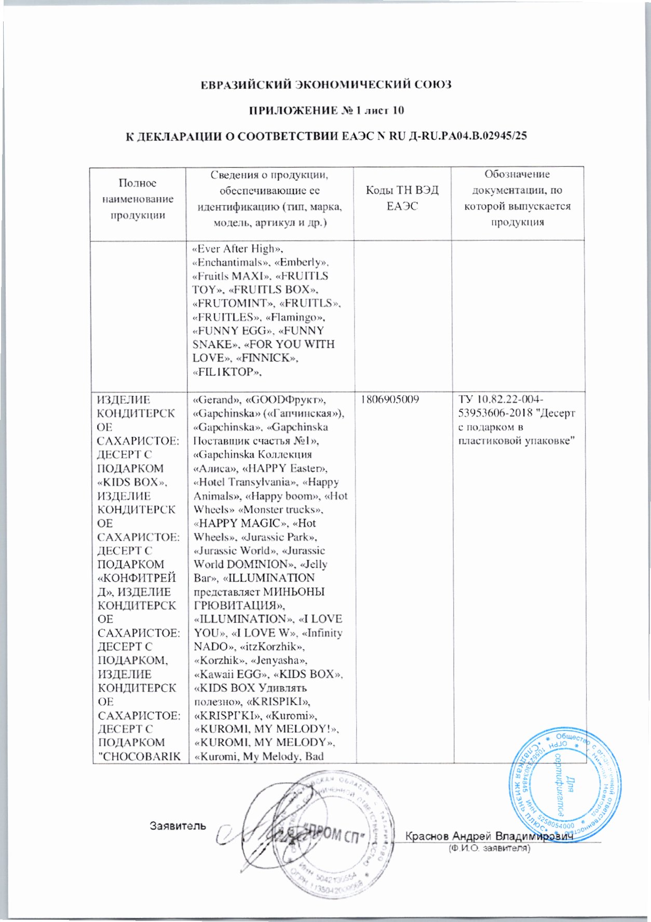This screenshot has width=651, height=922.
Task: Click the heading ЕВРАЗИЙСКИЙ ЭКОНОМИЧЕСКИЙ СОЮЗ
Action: [326, 85]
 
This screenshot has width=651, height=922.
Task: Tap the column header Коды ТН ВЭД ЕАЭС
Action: [402, 198]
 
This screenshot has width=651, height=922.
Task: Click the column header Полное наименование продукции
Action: [138, 199]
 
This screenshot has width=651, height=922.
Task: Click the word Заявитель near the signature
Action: [178, 825]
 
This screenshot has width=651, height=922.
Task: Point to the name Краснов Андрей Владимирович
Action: [488, 836]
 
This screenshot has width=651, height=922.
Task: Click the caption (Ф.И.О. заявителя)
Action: [489, 848]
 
